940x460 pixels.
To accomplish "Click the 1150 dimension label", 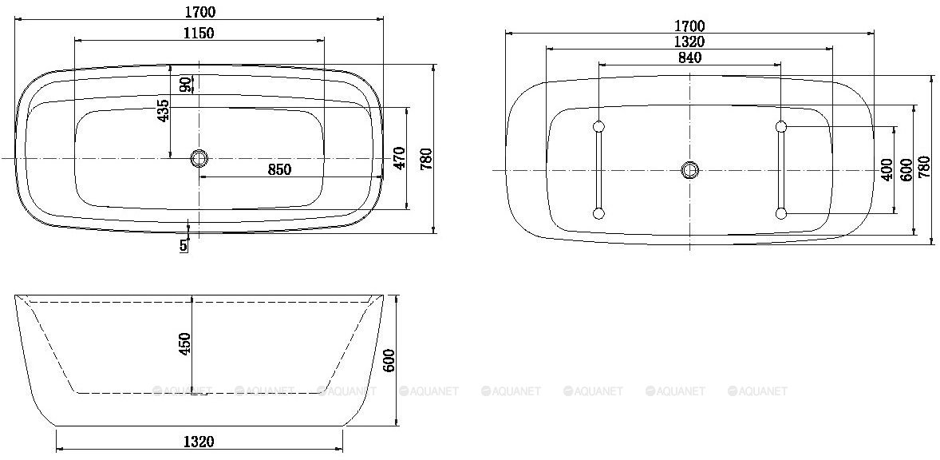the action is tap(199, 33).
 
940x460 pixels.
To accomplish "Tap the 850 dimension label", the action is tap(279, 170).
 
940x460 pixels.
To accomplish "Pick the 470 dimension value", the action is tap(399, 158).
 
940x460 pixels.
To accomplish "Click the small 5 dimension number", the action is tap(184, 244).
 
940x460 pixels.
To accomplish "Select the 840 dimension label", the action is tap(689, 57).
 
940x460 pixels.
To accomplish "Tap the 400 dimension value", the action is tap(888, 170).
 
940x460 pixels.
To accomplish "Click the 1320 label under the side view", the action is tap(199, 442).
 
